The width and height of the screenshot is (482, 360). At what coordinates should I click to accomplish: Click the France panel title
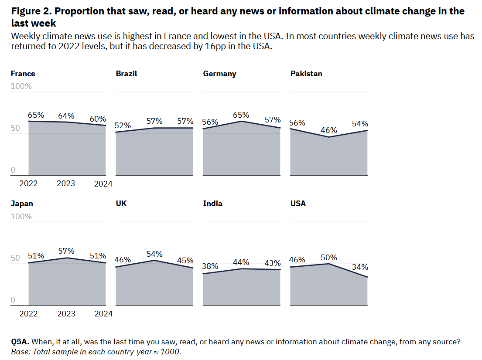coord(23,74)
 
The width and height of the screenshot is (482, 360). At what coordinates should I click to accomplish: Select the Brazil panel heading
coord(126,74)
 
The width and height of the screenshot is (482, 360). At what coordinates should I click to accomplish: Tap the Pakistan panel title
coord(306,74)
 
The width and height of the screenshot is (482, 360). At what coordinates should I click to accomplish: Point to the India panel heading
coord(213,204)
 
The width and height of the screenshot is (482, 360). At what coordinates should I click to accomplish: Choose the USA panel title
coord(298,204)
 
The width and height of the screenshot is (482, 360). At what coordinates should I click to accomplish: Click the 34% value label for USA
coord(360,267)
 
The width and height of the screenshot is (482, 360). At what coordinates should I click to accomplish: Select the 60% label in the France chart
coord(98,119)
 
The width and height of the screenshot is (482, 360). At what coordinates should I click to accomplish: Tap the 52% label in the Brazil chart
coord(123,126)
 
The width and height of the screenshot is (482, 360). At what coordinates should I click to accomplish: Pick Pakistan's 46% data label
coord(328,130)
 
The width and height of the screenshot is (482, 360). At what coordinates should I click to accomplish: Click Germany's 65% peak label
coord(241,115)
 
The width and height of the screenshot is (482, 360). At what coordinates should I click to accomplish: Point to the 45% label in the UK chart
coord(185,261)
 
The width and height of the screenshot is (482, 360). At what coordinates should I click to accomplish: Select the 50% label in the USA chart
coord(328,258)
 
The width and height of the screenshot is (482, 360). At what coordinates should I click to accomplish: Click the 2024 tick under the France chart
coord(103,184)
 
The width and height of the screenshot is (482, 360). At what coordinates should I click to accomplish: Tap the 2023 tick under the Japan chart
coord(66,314)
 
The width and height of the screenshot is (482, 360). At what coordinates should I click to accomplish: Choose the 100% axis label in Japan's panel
coord(21,217)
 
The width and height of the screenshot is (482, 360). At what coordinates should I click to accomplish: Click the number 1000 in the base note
coord(170,352)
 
